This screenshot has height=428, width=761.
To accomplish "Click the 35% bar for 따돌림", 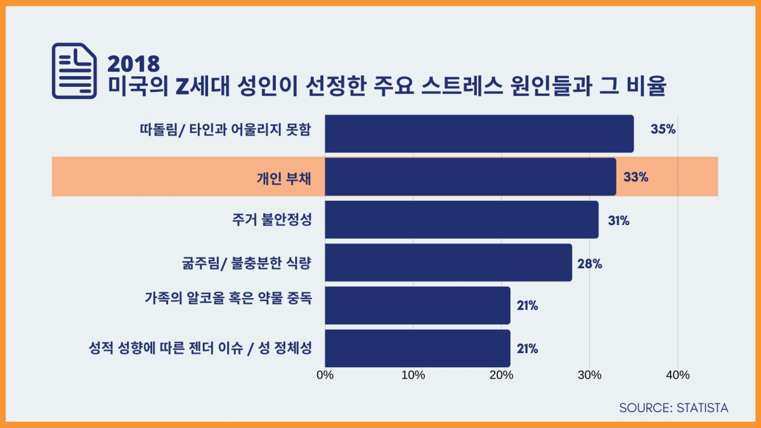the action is tap(479, 134).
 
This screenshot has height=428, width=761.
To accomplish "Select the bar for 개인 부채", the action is tap(470, 177).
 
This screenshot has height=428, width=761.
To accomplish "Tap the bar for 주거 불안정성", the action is tap(462, 219).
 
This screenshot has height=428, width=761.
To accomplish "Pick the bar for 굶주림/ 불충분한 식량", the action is tap(448, 263).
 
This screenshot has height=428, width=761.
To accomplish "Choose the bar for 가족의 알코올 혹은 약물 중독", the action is tap(417, 306).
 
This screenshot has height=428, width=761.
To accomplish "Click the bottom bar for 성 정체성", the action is tap(417, 348).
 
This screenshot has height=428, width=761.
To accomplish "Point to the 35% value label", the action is tap(663, 129).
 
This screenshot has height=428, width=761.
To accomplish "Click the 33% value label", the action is tap(635, 177).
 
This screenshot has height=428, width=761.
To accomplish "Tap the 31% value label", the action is tap(618, 221).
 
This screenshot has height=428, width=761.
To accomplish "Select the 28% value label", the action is tap(589, 264).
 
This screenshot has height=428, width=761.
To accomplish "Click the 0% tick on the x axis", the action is tap(325, 375).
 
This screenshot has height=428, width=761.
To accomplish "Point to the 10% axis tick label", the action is tap(413, 375).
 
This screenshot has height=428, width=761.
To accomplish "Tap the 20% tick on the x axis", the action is tap(502, 375).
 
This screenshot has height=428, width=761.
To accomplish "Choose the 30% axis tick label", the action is tap(590, 375).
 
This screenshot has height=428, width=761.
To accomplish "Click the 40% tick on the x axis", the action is tap(678, 375).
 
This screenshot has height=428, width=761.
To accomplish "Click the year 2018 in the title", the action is tap(134, 63).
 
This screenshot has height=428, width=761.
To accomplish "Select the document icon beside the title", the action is tap(74, 70).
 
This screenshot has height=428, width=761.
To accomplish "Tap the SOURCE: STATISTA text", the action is tap(673, 408).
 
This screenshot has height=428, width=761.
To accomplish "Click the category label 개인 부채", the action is tap(283, 178).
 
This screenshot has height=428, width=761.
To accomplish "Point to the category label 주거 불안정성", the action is tap(272, 219).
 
